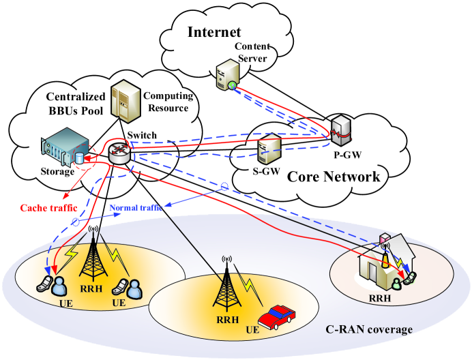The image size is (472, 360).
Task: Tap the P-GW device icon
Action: (340, 127)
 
